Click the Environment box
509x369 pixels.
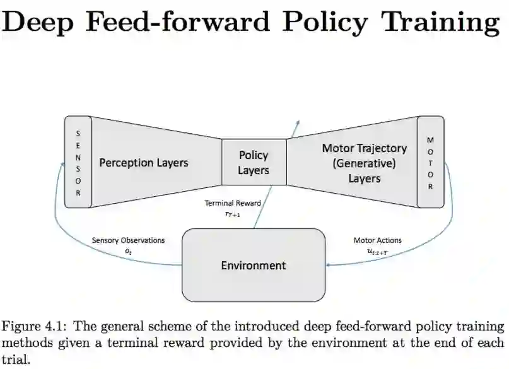point(254,266)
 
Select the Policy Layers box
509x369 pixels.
point(254,162)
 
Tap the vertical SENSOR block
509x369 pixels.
point(78,162)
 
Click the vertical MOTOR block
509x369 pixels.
point(431,162)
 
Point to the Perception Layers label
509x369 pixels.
point(144,163)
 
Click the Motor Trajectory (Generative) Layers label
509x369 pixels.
point(364,163)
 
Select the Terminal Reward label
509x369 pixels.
point(233,203)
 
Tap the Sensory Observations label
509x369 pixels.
point(128,240)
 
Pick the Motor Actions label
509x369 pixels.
point(377,240)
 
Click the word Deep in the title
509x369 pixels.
point(43,22)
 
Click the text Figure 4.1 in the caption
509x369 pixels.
point(31,327)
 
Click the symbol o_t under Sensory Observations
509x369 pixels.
point(128,250)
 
